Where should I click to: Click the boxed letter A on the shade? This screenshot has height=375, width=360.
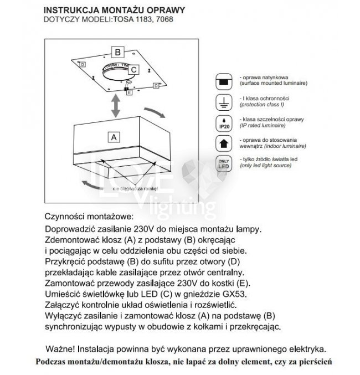pos(114,136)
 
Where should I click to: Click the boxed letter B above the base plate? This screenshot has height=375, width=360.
pos(117,52)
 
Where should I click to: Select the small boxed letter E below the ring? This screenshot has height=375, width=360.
pos(129,93)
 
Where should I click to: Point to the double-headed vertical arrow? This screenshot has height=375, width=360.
pos(115,105)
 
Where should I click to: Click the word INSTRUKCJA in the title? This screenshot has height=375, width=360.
pos(70,10)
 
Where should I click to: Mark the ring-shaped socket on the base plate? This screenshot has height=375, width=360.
pos(117,72)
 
